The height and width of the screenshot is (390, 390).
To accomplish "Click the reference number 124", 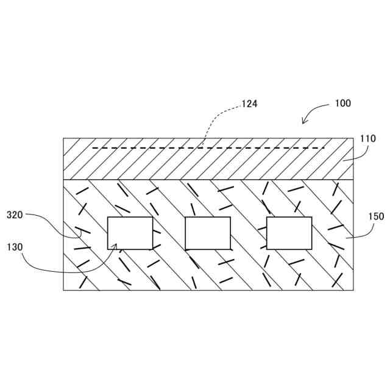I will click(249, 104).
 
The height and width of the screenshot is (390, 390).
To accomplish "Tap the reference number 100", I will click(343, 104).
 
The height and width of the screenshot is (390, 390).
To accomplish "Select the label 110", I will click(367, 138).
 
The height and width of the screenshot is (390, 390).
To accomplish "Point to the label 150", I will click(376, 216).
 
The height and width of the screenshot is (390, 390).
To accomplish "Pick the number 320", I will click(15, 214).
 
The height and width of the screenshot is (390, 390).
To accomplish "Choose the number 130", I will click(15, 247).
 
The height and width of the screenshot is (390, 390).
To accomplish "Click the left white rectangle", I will click(130, 233).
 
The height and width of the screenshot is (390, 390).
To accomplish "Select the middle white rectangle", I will click(208, 233).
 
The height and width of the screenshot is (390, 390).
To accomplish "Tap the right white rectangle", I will click(289, 233).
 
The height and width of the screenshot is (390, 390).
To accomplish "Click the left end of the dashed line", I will click(93, 147).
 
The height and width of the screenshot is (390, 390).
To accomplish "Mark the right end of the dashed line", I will click(324, 147).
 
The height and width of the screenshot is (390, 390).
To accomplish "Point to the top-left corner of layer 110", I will click(63, 138).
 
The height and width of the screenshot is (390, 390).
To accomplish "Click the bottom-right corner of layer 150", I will click(353, 290).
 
